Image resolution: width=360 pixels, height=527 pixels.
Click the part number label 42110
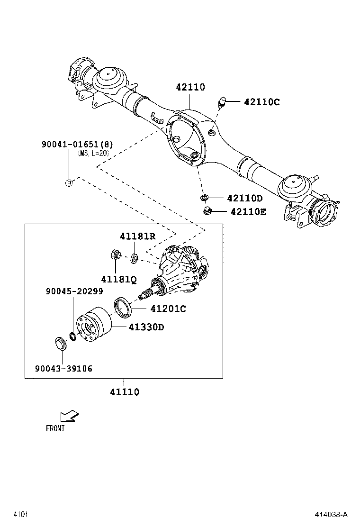pyautogui.click(x=190, y=87)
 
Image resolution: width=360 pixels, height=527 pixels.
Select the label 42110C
pyautogui.click(x=262, y=102)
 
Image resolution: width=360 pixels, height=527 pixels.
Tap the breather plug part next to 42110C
pyautogui.click(x=222, y=101)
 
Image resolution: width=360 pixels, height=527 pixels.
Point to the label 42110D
pyautogui.click(x=244, y=198)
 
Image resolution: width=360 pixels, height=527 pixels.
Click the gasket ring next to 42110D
pyautogui.click(x=204, y=197)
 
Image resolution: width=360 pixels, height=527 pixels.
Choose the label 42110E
pyautogui.click(x=248, y=212)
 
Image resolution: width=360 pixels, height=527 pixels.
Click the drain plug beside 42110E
pyautogui.click(x=207, y=210)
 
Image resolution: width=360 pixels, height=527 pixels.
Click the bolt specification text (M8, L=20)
pyautogui.click(x=93, y=154)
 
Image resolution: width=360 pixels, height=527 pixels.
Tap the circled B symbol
pyautogui.click(x=69, y=183)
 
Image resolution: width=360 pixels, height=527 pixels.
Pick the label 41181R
pyautogui.click(x=137, y=236)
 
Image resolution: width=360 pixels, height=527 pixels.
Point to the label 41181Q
pyautogui.click(x=118, y=279)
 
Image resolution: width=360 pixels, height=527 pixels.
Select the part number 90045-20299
pyautogui.click(x=74, y=291)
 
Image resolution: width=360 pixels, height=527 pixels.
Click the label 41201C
pyautogui.click(x=168, y=309)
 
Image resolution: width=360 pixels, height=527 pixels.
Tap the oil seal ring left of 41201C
pyautogui.click(x=124, y=306)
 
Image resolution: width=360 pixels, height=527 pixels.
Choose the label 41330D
pyautogui.click(x=146, y=327)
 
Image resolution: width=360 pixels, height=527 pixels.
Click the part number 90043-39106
pyautogui.click(x=63, y=368)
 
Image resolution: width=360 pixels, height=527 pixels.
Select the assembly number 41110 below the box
pyautogui.click(x=125, y=392)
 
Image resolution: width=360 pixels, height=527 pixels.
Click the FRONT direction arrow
pyautogui.click(x=69, y=416)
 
